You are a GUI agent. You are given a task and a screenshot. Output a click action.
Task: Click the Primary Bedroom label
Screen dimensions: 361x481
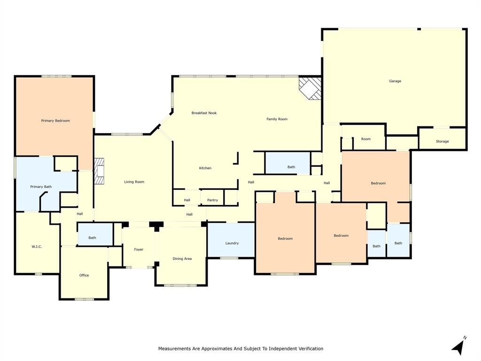point(55,121)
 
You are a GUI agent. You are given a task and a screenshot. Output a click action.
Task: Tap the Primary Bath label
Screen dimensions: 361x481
point(41,187)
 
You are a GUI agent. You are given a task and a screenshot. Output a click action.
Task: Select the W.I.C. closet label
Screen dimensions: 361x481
point(37,246)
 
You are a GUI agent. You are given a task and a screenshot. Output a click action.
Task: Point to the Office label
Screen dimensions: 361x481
point(84,275)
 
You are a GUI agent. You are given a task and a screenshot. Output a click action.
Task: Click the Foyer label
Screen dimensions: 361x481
point(139,250)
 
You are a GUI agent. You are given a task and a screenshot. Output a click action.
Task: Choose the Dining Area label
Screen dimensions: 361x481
point(182,259)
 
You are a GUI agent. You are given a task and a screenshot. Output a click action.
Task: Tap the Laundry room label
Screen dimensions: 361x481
point(232,243)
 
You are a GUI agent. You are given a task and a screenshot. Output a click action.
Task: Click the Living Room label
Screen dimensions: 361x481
point(134,182)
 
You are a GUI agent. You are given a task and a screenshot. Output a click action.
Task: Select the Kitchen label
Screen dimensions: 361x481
point(205,168)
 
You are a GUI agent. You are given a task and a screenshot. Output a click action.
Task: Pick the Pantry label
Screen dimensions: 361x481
point(212,200)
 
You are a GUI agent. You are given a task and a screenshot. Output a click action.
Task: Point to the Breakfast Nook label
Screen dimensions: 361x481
point(204,113)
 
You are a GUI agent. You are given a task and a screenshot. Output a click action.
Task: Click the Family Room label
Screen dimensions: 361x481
point(277,119)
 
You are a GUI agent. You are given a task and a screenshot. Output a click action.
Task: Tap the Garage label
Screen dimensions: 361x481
point(395,81)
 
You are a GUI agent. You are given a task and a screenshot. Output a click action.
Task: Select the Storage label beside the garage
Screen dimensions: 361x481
point(442,141)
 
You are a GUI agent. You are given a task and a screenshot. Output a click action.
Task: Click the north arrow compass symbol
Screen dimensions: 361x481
point(458,346)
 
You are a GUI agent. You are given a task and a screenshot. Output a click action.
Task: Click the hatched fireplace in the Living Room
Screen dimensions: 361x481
point(99,171)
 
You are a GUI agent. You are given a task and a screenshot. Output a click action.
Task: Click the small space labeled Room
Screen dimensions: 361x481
point(366,139)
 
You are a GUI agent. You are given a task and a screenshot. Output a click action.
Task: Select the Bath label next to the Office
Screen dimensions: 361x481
point(92,238)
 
